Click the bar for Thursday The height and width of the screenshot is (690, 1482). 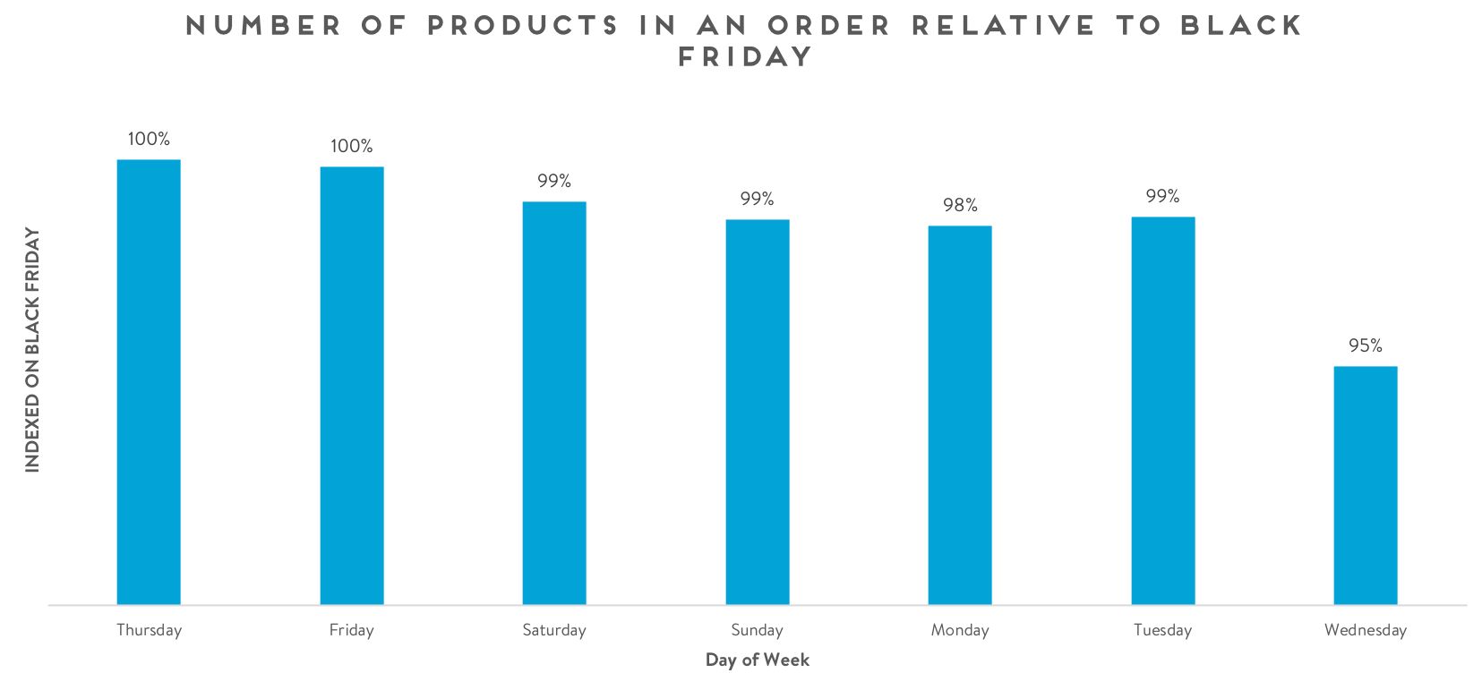click(149, 382)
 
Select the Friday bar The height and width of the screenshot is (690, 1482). click(352, 386)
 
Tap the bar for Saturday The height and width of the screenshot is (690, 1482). click(554, 403)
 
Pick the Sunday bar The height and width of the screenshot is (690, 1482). click(758, 412)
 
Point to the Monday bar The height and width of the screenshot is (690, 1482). click(960, 415)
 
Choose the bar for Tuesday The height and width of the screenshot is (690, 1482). click(1163, 411)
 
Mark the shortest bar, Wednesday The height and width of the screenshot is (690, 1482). click(1366, 485)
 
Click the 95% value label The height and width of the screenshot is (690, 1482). click(1366, 345)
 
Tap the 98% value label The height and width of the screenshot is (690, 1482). click(960, 206)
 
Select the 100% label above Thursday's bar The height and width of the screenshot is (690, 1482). click(149, 139)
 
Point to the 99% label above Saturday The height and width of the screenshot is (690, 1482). click(554, 181)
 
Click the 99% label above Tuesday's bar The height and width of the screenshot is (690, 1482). click(1163, 196)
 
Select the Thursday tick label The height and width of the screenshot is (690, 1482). click(149, 630)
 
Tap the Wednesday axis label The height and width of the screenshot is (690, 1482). click(1366, 630)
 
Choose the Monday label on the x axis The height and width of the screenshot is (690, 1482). click(960, 630)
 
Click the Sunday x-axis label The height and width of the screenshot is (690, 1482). click(758, 630)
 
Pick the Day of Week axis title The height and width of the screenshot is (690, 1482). click(758, 660)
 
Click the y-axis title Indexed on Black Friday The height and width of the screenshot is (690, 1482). click(33, 349)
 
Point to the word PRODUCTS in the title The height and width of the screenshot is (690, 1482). click(523, 25)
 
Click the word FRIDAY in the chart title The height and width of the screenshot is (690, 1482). click(745, 57)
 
